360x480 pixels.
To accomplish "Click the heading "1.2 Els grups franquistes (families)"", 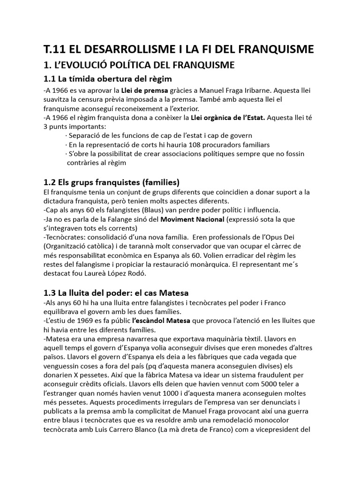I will pyautogui.click(x=112, y=181).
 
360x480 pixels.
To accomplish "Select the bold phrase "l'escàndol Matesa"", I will pyautogui.click(x=161, y=321).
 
